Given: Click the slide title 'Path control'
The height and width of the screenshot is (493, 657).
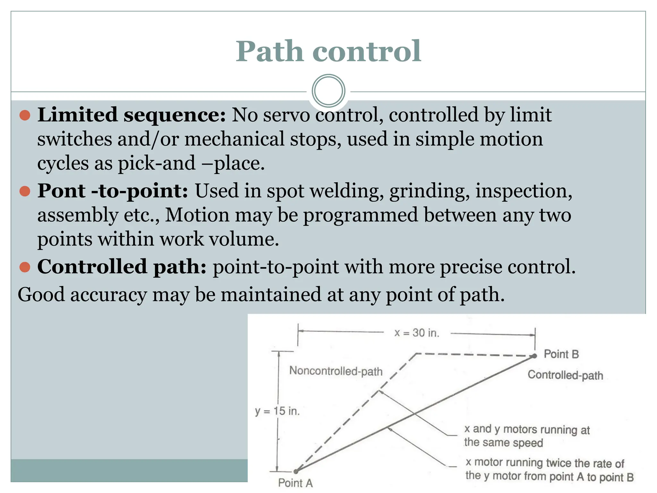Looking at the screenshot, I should [328, 51].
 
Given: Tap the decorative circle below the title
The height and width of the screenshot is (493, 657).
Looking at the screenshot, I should [328, 91].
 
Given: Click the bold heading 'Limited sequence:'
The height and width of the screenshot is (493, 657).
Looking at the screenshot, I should [132, 115].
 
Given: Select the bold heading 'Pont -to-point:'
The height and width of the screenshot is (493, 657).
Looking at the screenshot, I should [113, 191].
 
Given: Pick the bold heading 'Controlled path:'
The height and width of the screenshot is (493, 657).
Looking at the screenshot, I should [122, 266].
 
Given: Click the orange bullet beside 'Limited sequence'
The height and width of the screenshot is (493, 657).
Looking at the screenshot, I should [25, 115].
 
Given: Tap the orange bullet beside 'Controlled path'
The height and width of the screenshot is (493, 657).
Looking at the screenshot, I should [25, 267].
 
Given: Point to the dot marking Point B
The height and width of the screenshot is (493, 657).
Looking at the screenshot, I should [534, 356].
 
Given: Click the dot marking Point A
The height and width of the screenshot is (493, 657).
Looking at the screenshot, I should [296, 471].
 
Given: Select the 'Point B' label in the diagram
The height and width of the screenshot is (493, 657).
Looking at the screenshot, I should [561, 354].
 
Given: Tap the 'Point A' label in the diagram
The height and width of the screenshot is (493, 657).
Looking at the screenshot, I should [295, 483].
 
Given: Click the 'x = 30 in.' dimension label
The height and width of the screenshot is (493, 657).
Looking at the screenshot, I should [417, 333].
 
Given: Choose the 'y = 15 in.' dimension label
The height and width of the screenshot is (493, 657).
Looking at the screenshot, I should [277, 411].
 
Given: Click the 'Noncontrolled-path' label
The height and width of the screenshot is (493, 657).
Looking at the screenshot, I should [336, 371].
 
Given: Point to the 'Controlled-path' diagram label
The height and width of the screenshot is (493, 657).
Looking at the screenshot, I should [565, 375].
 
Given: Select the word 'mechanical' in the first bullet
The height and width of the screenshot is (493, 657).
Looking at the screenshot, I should [235, 139].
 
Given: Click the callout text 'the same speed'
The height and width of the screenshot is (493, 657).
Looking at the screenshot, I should [503, 443].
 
